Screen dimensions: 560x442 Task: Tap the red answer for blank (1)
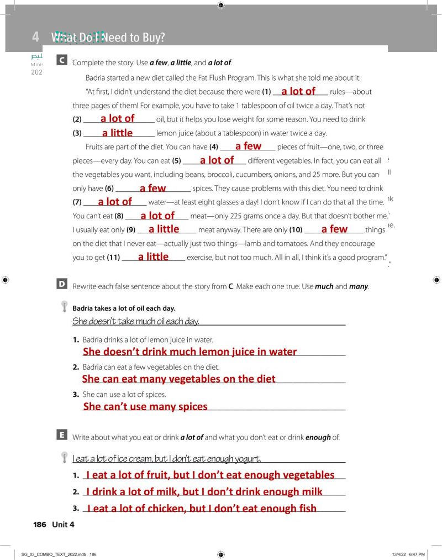pos(298,91)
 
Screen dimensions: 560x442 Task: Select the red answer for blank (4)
pos(248,146)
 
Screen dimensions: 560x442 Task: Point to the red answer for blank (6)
pos(152,188)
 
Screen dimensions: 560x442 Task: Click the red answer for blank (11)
pos(153,257)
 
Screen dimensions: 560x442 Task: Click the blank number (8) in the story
pos(119,216)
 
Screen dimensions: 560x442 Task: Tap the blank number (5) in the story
pos(177,161)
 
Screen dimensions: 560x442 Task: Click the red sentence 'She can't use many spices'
pos(145,406)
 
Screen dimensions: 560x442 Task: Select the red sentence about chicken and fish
pos(202,509)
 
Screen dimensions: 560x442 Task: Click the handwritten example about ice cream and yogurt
pos(166,458)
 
